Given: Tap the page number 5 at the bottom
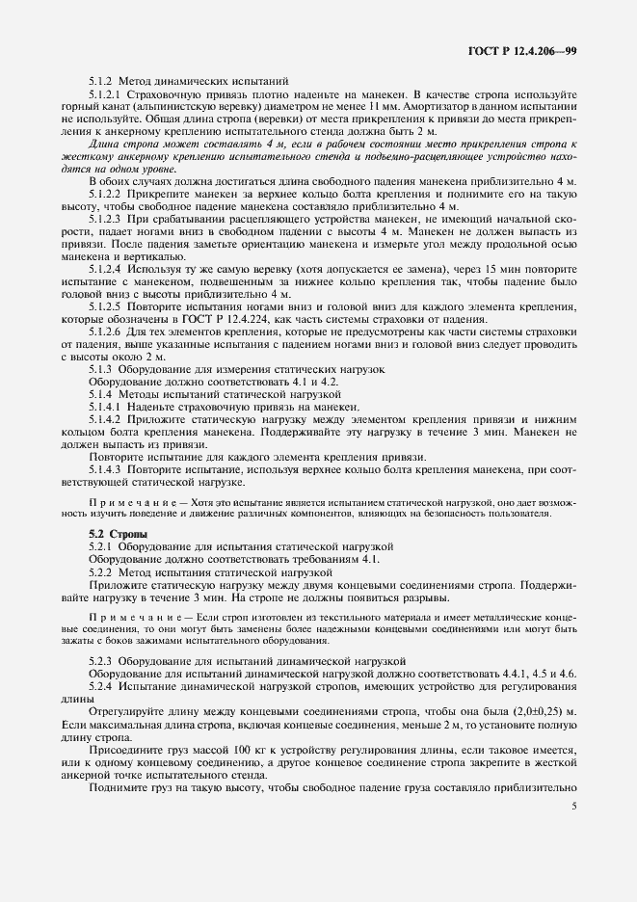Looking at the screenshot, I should tap(574, 835).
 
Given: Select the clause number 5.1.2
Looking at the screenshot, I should tap(102, 82).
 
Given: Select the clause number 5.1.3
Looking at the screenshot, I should tap(102, 369).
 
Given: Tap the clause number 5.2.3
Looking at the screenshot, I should tap(102, 660).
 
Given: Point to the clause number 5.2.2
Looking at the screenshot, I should tap(102, 570).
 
